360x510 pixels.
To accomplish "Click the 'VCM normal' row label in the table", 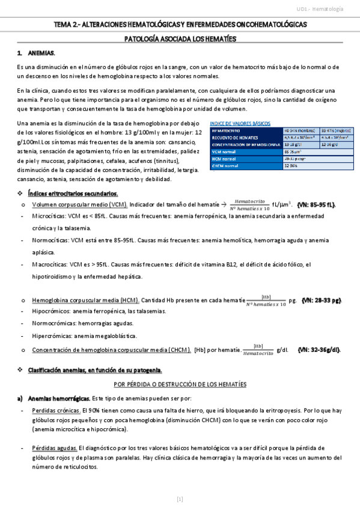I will [225, 152].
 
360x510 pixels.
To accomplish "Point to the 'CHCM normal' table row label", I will [227, 167].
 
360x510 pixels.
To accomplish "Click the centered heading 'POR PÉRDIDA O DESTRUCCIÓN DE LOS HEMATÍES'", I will [180, 384].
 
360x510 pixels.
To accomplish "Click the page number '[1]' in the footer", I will [180, 499].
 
